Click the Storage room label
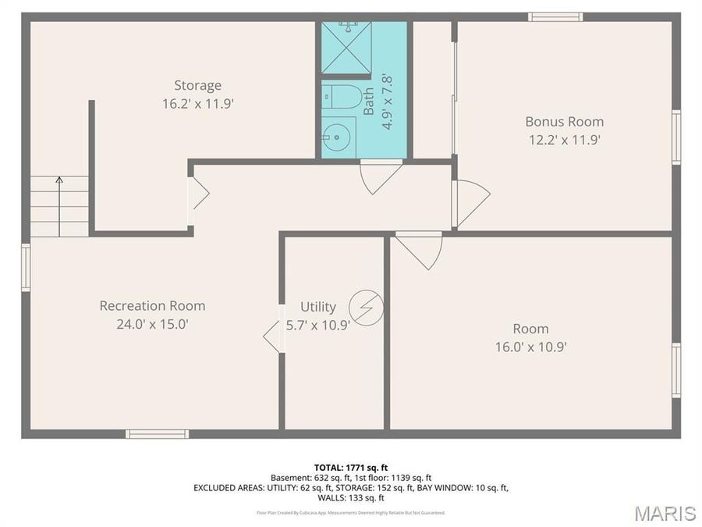(x=197, y=85)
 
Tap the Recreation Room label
(x=152, y=305)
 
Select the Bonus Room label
(x=564, y=122)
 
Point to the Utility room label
(x=318, y=307)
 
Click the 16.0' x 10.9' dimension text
(x=530, y=347)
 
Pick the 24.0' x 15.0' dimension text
(x=152, y=323)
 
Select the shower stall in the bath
(x=346, y=48)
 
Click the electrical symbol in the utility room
(x=367, y=307)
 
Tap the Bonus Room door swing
(x=470, y=202)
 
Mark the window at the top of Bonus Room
(x=555, y=17)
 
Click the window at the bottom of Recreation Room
(x=157, y=433)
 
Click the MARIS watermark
(x=665, y=513)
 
